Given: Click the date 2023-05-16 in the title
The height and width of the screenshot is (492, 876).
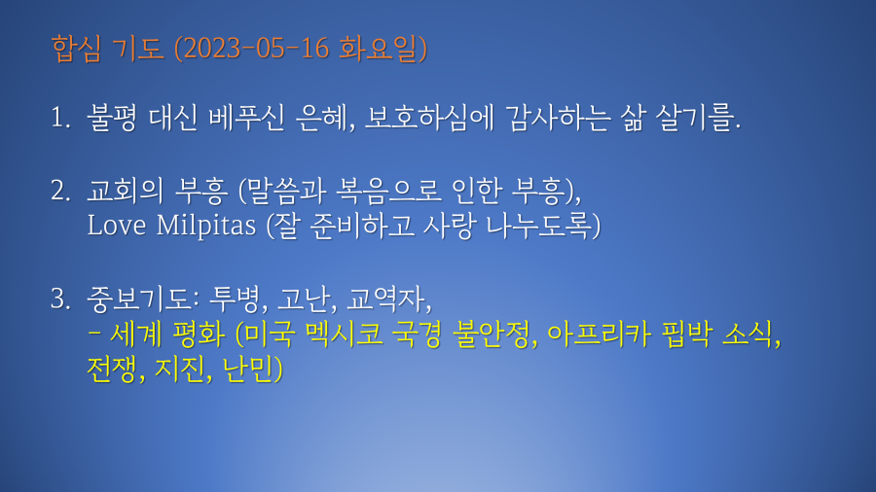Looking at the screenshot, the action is click(x=256, y=49).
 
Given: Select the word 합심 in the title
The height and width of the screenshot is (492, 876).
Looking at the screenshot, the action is click(x=77, y=49).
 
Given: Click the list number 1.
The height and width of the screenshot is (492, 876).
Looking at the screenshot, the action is click(x=60, y=118).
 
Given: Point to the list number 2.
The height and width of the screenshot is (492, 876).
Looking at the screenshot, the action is click(x=60, y=191).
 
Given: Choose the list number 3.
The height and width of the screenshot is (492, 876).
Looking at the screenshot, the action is click(x=60, y=299).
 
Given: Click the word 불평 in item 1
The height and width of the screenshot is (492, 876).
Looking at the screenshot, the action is click(x=111, y=118).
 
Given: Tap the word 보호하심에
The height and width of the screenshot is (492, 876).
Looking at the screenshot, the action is click(x=429, y=118).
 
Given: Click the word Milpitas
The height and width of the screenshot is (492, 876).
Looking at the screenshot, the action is click(x=205, y=226).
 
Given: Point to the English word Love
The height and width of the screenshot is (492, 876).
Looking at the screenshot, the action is click(x=116, y=226).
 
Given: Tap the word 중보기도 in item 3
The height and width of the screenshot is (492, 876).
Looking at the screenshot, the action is click(x=139, y=299).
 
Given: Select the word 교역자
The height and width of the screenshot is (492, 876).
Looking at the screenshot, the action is click(x=386, y=299).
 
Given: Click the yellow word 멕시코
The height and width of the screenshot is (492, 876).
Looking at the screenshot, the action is click(x=345, y=334).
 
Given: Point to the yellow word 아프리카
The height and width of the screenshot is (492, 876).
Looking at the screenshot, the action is click(x=599, y=334).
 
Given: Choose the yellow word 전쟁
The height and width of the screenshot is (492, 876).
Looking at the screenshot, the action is click(x=112, y=369).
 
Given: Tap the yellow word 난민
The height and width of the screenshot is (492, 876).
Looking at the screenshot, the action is click(x=247, y=369).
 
